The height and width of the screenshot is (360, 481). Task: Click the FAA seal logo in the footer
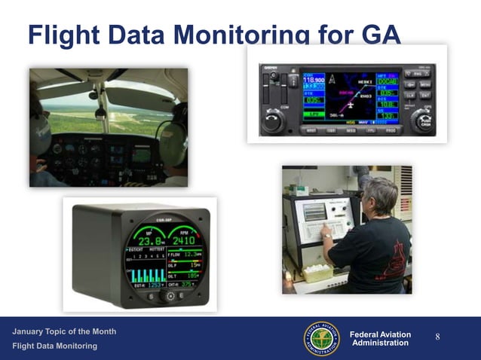coord(322,338)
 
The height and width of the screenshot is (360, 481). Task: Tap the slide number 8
coord(437,337)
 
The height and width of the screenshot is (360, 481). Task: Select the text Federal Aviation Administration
coord(381,339)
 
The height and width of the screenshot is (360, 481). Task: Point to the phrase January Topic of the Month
coord(64,332)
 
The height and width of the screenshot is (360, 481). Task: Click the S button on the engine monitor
coord(150,297)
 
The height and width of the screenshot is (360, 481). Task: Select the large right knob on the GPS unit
coord(421,121)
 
